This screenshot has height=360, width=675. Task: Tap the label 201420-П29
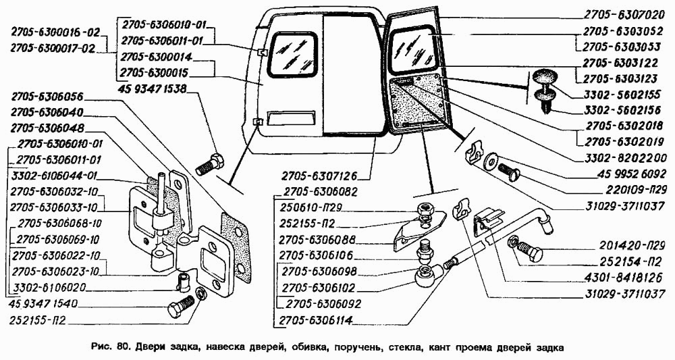point(628,245)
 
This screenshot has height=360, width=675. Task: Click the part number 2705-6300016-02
point(55,31)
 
